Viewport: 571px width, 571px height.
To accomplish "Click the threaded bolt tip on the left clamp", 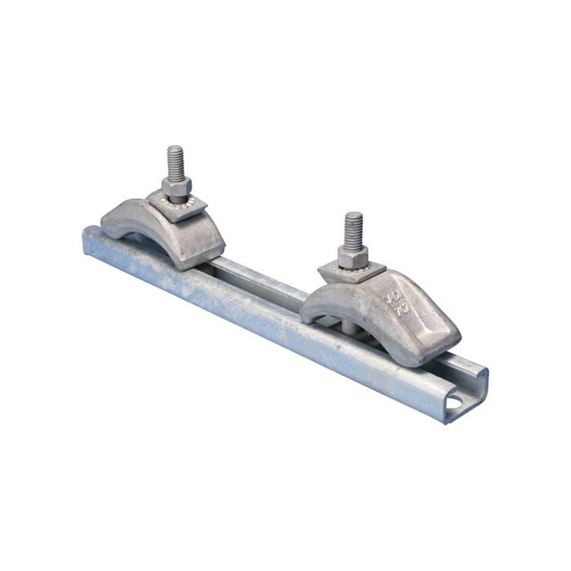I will click(175, 158).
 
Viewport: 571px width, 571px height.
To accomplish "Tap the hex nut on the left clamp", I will click(175, 188).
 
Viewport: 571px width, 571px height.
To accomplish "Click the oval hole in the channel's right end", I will click(463, 403).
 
